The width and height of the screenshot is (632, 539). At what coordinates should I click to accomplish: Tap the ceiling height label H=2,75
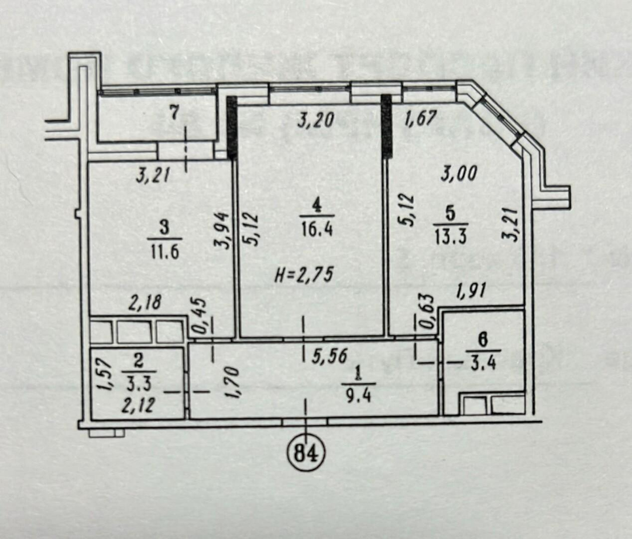coord(304,275)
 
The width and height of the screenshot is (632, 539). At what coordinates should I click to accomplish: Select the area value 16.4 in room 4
coord(317,230)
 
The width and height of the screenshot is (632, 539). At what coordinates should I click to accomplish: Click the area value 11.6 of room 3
coord(164,253)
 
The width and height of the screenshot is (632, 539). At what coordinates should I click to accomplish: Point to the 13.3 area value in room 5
coord(451,237)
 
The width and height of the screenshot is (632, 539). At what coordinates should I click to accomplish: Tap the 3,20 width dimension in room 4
coord(315,120)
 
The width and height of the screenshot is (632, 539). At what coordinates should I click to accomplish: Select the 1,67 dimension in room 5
coord(420,119)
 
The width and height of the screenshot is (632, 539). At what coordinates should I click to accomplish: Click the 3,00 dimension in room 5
coord(459,173)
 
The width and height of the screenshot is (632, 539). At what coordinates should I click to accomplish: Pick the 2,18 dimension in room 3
coord(145,303)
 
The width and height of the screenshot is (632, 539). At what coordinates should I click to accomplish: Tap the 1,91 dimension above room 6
coord(470,291)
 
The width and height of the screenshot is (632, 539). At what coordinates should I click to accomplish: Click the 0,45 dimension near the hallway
coord(200,315)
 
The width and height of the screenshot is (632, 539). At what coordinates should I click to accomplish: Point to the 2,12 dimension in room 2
coord(138,404)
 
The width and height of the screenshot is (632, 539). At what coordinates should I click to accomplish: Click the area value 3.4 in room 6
coord(482,364)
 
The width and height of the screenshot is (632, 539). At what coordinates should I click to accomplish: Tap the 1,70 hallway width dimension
coord(233,382)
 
